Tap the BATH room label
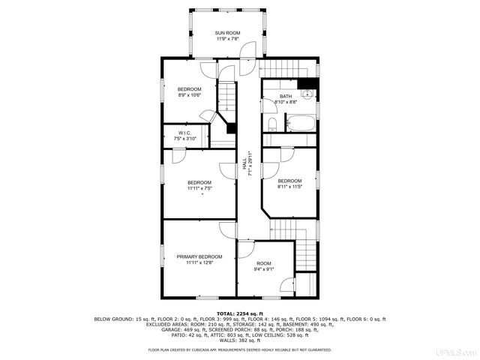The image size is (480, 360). tap(286, 97)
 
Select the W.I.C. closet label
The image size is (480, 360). tap(186, 133)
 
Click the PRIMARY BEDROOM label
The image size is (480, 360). tap(199, 257)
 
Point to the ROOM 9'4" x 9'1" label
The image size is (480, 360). tap(263, 264)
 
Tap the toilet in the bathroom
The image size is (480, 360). tap(271, 124)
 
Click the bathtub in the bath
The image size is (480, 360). tap(298, 124)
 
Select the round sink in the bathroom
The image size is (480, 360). tap(307, 94)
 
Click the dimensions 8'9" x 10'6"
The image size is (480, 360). tap(189, 95)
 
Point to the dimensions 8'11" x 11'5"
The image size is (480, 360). tap(289, 187)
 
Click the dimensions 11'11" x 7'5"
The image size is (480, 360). tap(199, 188)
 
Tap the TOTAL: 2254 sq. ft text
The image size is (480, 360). tap(239, 313)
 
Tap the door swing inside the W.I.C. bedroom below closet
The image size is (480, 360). tap(179, 156)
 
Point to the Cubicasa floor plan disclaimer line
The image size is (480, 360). tap(239, 349)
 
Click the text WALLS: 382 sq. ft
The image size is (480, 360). tap(239, 340)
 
